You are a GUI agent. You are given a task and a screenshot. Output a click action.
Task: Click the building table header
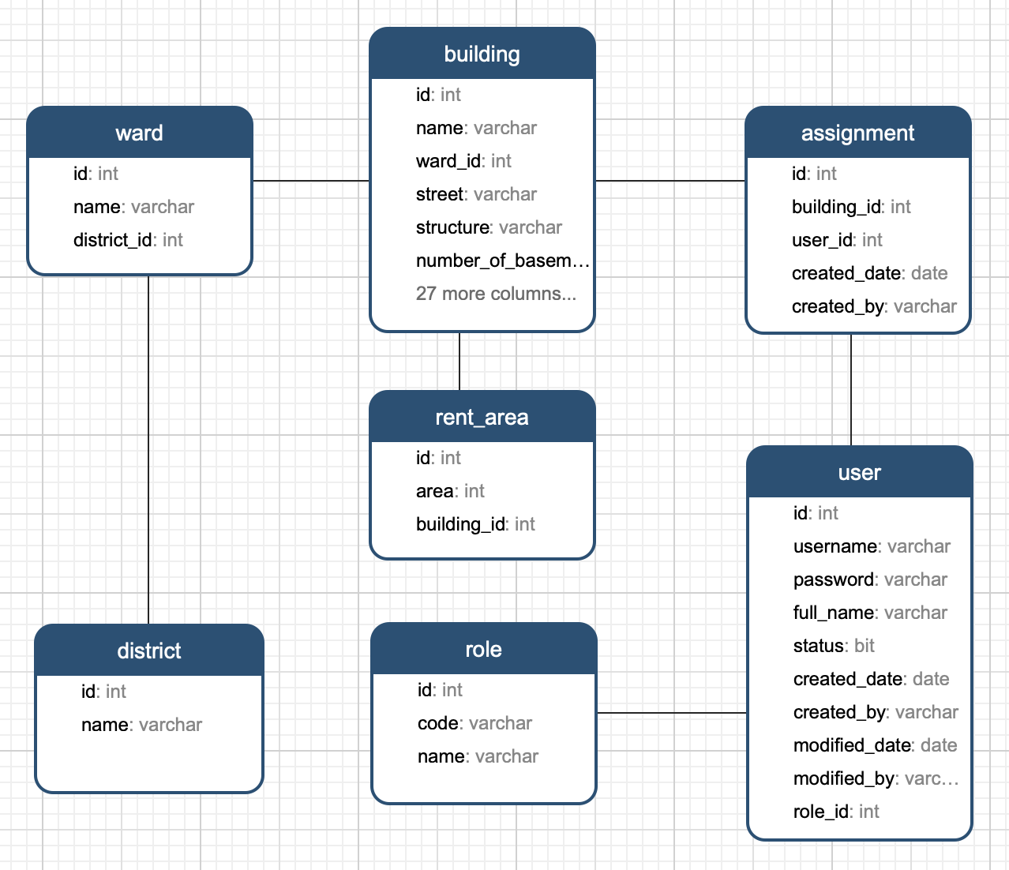482,54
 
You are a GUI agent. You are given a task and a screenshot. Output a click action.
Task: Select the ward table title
139,133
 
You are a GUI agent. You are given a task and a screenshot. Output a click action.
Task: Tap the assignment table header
857,133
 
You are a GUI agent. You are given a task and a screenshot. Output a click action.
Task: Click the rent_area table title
482,418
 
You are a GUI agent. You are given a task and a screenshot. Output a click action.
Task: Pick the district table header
148,651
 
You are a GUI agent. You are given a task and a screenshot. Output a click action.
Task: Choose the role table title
483,650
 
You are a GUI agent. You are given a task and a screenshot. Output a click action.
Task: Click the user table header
859,473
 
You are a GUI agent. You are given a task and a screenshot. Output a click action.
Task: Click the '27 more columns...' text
496,294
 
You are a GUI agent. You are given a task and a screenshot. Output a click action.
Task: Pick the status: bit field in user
834,646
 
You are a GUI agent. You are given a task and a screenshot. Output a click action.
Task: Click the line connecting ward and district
148,450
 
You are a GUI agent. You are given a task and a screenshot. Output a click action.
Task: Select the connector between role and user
671,713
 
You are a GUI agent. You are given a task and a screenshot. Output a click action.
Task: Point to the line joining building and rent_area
459,361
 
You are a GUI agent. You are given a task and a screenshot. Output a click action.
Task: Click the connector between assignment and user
851,389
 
